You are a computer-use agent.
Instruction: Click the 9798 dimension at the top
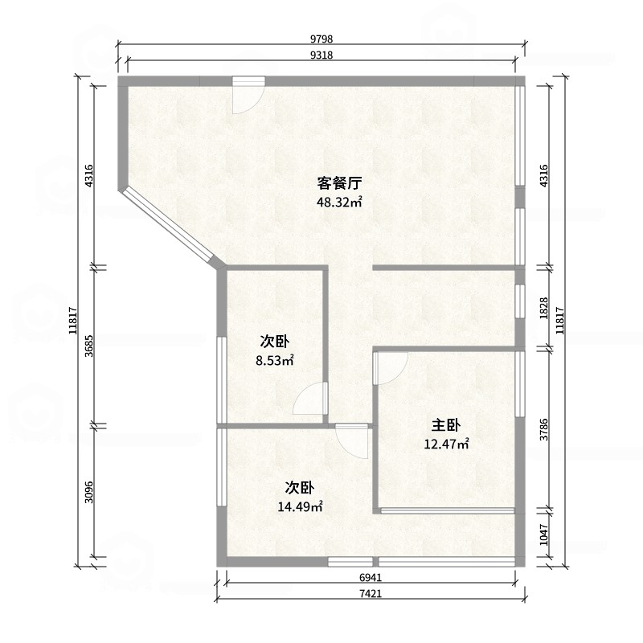[321, 39]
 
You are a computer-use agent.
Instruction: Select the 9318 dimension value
[321, 55]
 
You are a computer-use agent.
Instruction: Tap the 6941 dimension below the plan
[371, 577]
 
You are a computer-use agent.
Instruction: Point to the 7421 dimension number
[371, 593]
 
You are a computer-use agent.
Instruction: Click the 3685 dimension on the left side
[89, 346]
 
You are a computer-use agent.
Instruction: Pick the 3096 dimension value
[89, 492]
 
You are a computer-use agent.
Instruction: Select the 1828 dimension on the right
[544, 309]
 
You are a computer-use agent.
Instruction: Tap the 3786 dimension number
[544, 430]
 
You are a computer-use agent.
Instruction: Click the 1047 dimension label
[544, 534]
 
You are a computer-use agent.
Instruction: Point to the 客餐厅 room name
[339, 183]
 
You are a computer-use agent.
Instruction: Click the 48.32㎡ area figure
[339, 202]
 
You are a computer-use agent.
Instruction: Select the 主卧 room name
[446, 425]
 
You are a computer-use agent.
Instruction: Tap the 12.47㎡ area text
[446, 444]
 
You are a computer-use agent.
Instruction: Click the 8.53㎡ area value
[275, 360]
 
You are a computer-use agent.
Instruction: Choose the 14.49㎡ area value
[300, 507]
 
